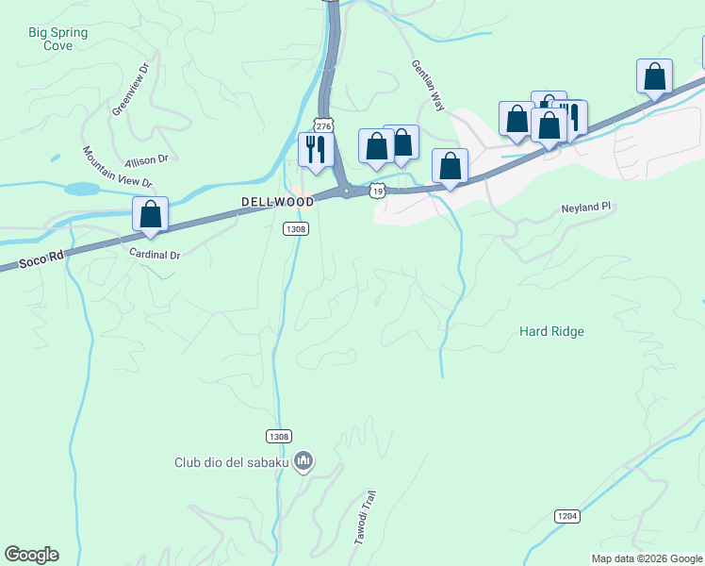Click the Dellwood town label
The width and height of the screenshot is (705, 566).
[x=277, y=202]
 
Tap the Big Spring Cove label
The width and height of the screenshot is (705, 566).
[x=58, y=39]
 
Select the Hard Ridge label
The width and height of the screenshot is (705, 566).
[x=552, y=331]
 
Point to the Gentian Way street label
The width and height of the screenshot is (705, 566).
[x=427, y=86]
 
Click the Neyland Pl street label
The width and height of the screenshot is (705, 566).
[x=586, y=207]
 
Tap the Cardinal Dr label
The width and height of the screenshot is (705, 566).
[x=155, y=255]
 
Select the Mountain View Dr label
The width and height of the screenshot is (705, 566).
[x=116, y=167]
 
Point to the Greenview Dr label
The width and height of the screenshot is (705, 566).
[x=131, y=90]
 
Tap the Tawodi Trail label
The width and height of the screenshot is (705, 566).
[x=365, y=518]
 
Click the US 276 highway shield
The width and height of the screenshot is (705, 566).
[x=324, y=125]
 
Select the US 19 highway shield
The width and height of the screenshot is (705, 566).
[x=377, y=191]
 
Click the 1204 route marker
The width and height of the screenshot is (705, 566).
[x=566, y=516]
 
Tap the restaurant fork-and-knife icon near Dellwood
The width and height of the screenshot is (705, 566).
[x=315, y=149]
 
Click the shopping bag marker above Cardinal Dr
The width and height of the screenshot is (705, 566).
[x=150, y=214]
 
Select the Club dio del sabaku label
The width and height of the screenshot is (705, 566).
[x=233, y=462]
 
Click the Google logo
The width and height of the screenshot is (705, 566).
[x=31, y=555]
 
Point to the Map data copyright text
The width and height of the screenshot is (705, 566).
[x=647, y=558]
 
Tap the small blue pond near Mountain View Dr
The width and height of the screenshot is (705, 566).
[x=83, y=189]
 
